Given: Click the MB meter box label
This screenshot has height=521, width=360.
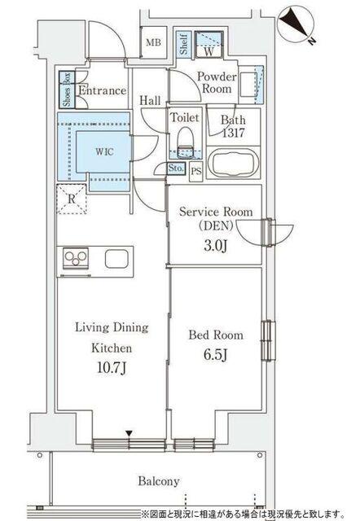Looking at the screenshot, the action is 154,42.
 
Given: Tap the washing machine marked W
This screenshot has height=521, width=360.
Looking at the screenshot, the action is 209,45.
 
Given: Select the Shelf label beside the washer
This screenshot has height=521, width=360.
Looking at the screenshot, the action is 183,45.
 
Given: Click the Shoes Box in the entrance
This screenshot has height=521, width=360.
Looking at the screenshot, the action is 67,90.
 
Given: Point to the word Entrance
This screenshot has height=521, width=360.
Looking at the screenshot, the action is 103,90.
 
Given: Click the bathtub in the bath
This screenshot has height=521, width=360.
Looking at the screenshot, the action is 233,162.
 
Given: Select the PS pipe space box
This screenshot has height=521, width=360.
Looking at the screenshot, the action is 196,172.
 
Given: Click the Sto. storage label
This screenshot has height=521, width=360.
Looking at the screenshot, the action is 175,168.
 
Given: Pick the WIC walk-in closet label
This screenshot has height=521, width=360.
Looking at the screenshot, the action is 105,152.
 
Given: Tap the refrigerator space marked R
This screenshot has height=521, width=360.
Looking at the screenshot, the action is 72,199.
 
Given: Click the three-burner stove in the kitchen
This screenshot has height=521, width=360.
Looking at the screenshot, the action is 76,258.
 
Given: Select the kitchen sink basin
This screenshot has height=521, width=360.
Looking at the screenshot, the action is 116,259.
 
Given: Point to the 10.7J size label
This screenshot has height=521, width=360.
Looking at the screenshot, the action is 112,368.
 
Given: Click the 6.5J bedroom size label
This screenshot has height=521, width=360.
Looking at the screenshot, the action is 215,355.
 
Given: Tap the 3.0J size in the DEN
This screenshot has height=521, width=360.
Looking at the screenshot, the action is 215,246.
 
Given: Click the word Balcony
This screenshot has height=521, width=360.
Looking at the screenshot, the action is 159,481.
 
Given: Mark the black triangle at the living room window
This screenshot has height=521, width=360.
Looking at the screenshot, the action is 129,433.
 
